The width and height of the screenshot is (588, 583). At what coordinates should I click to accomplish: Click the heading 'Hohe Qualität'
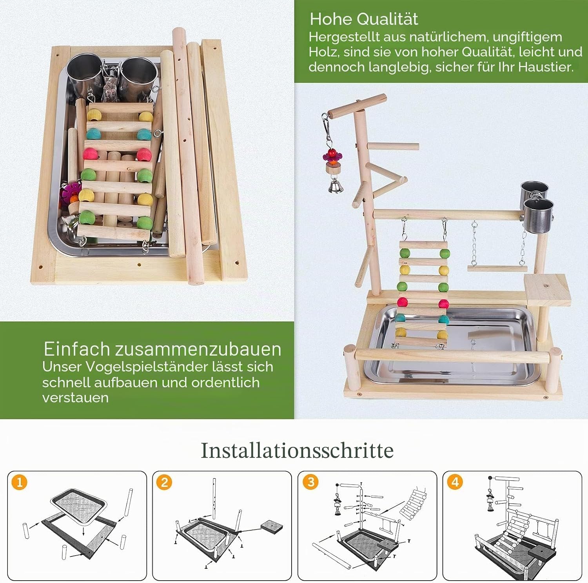pyautogui.click(x=364, y=19)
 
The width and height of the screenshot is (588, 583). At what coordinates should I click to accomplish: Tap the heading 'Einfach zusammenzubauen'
pyautogui.click(x=162, y=349)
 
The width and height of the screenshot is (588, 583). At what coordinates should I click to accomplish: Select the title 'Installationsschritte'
pyautogui.click(x=297, y=450)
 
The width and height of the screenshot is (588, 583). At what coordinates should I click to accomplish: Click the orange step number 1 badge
pyautogui.click(x=19, y=482)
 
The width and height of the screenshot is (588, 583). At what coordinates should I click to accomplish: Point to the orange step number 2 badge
pyautogui.click(x=164, y=482)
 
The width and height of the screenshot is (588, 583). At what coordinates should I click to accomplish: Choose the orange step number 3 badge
pyautogui.click(x=311, y=482)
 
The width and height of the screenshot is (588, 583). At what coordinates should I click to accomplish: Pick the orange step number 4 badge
pyautogui.click(x=455, y=482)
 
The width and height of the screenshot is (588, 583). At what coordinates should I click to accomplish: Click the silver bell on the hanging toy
pyautogui.click(x=334, y=186)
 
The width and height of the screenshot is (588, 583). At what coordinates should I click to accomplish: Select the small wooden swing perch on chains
pyautogui.click(x=497, y=269)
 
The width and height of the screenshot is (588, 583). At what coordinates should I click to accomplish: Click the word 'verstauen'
pyautogui.click(x=75, y=398)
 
